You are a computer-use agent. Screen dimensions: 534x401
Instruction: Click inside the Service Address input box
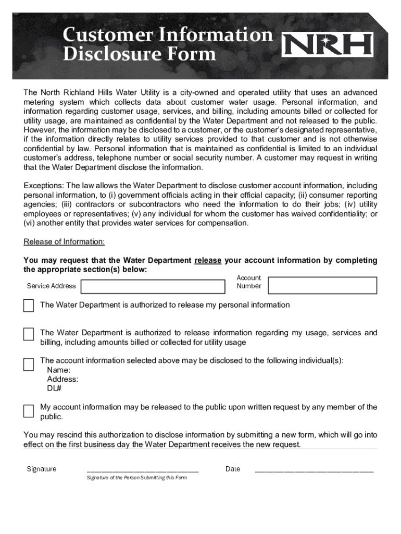tap(153, 286)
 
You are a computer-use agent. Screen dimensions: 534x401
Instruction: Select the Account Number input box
tap(322, 285)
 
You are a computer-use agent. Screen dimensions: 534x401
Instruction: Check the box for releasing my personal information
tap(29, 306)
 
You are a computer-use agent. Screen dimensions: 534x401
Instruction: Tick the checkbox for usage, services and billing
tap(29, 334)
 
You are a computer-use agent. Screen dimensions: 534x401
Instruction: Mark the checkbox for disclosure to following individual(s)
tap(29, 363)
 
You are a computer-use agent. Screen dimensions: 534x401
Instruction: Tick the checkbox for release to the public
tap(29, 411)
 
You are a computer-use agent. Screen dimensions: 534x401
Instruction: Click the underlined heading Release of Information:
tap(64, 241)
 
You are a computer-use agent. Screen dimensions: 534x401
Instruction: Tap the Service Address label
tap(51, 286)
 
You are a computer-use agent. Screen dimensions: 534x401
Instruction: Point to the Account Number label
tap(248, 282)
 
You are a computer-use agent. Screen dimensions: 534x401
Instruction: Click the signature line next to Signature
tap(142, 469)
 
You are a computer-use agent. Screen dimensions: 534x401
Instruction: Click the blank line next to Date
tap(314, 469)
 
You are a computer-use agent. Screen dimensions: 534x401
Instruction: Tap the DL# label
tap(54, 389)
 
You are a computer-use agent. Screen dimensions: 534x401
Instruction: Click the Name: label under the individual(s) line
tap(58, 370)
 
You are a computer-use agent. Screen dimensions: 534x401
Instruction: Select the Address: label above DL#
tap(62, 379)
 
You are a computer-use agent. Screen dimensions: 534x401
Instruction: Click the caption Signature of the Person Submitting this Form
tap(136, 478)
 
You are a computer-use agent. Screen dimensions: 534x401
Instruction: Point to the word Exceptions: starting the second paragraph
tap(44, 186)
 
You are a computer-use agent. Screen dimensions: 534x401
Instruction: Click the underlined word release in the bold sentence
tap(208, 260)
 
